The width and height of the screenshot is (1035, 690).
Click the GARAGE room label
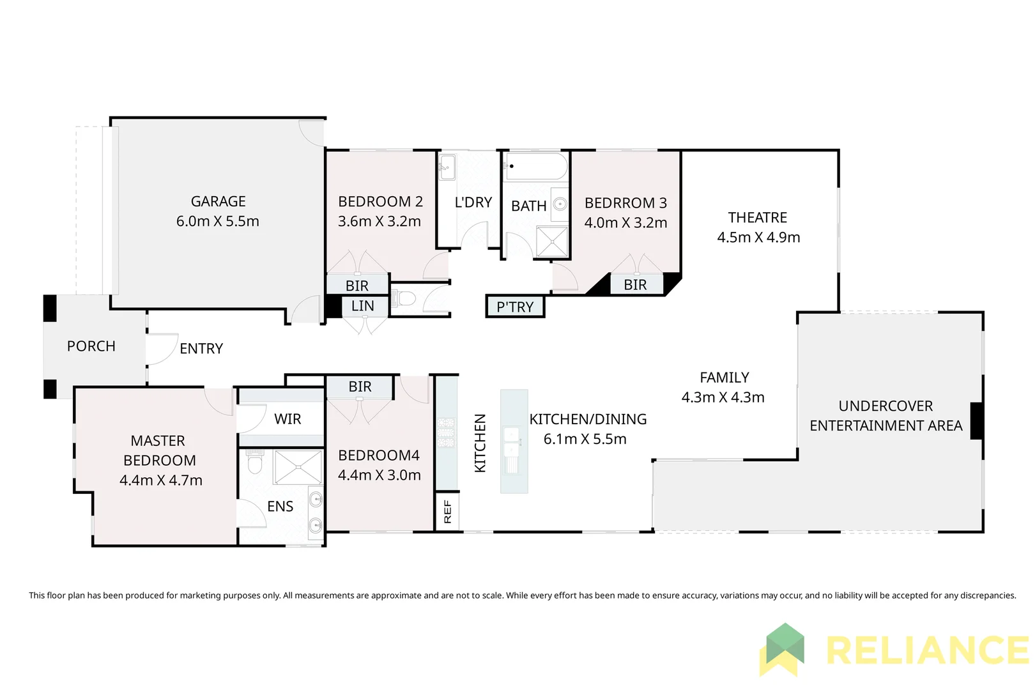click(x=218, y=201)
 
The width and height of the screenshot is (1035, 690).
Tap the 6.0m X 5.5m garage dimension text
click(x=218, y=222)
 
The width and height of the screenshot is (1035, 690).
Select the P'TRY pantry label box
click(x=515, y=307)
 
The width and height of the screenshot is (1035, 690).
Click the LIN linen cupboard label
click(x=362, y=306)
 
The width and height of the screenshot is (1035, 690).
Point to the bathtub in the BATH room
click(x=535, y=166)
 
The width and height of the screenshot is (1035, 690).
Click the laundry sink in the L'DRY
click(x=447, y=167)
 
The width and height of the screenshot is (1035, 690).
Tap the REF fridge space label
click(x=447, y=511)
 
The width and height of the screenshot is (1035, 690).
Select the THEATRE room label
click(x=757, y=217)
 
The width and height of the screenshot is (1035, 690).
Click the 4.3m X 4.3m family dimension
click(x=723, y=397)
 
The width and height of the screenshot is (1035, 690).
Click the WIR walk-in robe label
click(x=287, y=419)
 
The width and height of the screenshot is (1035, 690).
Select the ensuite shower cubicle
click(x=298, y=467)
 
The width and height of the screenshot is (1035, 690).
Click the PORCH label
click(x=91, y=346)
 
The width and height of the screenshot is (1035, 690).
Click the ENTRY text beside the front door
click(x=201, y=349)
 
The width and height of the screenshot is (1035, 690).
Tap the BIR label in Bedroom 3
click(x=635, y=285)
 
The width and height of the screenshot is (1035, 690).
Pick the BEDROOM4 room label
click(x=379, y=456)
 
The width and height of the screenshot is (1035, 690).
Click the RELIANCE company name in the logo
click(x=926, y=650)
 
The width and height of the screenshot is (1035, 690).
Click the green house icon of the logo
click(x=784, y=647)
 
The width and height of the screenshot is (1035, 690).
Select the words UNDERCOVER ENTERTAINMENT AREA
click(x=885, y=416)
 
